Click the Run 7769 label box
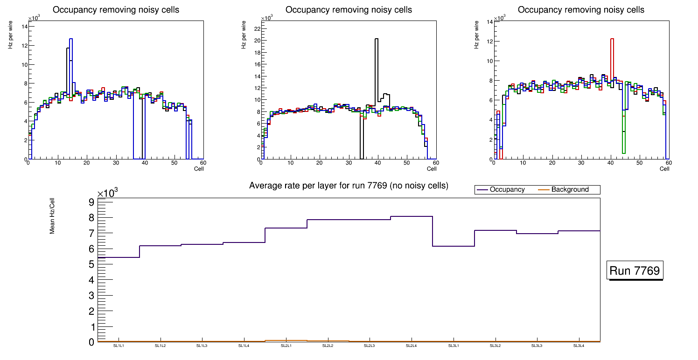click(x=635, y=270)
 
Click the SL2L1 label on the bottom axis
click(x=286, y=346)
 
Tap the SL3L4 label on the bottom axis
click(x=579, y=346)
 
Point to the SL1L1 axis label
click(x=119, y=346)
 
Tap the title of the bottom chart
click(x=349, y=186)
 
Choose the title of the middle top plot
click(x=349, y=10)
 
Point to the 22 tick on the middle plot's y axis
click(x=257, y=28)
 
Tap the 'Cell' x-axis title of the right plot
click(x=664, y=168)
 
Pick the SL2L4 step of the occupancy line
click(x=412, y=216)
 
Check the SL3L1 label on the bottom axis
click(x=453, y=346)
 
